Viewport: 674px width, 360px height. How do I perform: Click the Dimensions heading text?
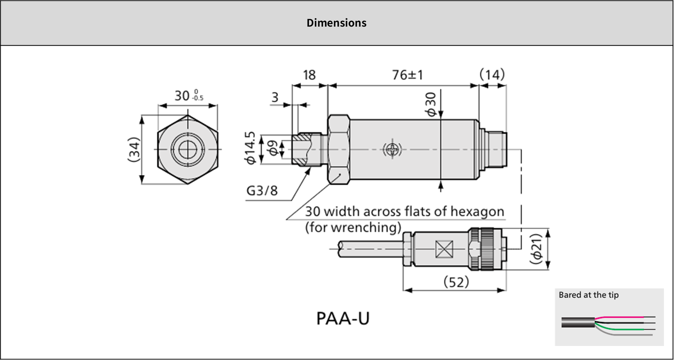coord(336,23)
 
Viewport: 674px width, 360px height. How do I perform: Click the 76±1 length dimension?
coord(407,75)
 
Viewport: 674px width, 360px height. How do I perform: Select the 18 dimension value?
coord(309,75)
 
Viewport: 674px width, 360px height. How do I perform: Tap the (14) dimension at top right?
coord(492,74)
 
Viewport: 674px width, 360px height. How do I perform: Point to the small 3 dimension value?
coord(275,97)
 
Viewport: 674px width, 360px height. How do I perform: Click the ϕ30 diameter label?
coord(431,104)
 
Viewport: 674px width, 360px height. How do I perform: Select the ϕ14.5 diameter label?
coord(250,148)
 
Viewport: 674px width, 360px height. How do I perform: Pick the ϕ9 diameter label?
coord(273,148)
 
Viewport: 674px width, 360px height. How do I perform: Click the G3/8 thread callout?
coord(262,190)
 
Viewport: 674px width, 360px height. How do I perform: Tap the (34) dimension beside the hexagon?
coord(134,149)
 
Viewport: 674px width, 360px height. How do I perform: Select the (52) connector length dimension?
coord(456,282)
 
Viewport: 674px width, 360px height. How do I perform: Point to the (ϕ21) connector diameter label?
coord(536,249)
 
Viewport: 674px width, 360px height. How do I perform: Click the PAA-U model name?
coord(343,318)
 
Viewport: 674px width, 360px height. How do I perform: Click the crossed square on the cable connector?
coord(444,249)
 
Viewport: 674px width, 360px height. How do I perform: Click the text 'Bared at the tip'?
coord(588,295)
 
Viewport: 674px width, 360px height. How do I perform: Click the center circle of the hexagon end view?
coord(188,149)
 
